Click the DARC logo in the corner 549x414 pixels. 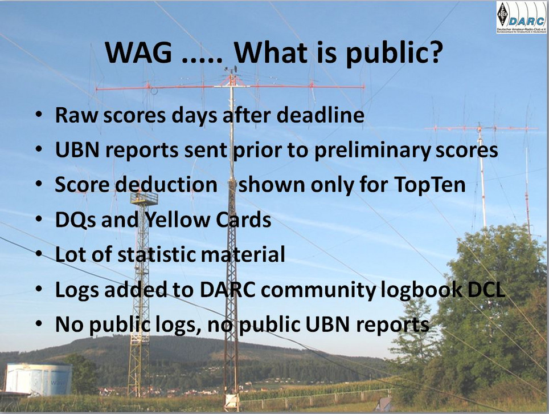(x=521, y=17)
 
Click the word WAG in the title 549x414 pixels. (x=138, y=52)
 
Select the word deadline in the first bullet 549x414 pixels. (x=321, y=115)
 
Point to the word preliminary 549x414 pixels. (x=372, y=151)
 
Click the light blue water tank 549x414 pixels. (x=38, y=378)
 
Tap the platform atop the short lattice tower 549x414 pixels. (x=144, y=198)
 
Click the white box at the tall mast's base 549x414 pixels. (x=231, y=401)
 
